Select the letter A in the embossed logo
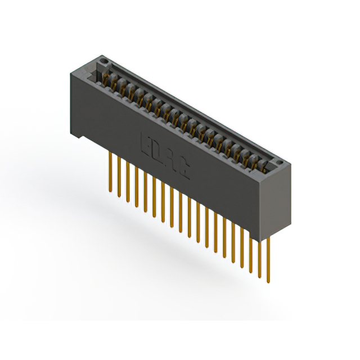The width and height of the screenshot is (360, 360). coord(170,160)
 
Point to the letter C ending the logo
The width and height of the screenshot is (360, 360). coord(183,168)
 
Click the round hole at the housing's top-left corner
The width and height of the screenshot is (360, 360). coord(102,58)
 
